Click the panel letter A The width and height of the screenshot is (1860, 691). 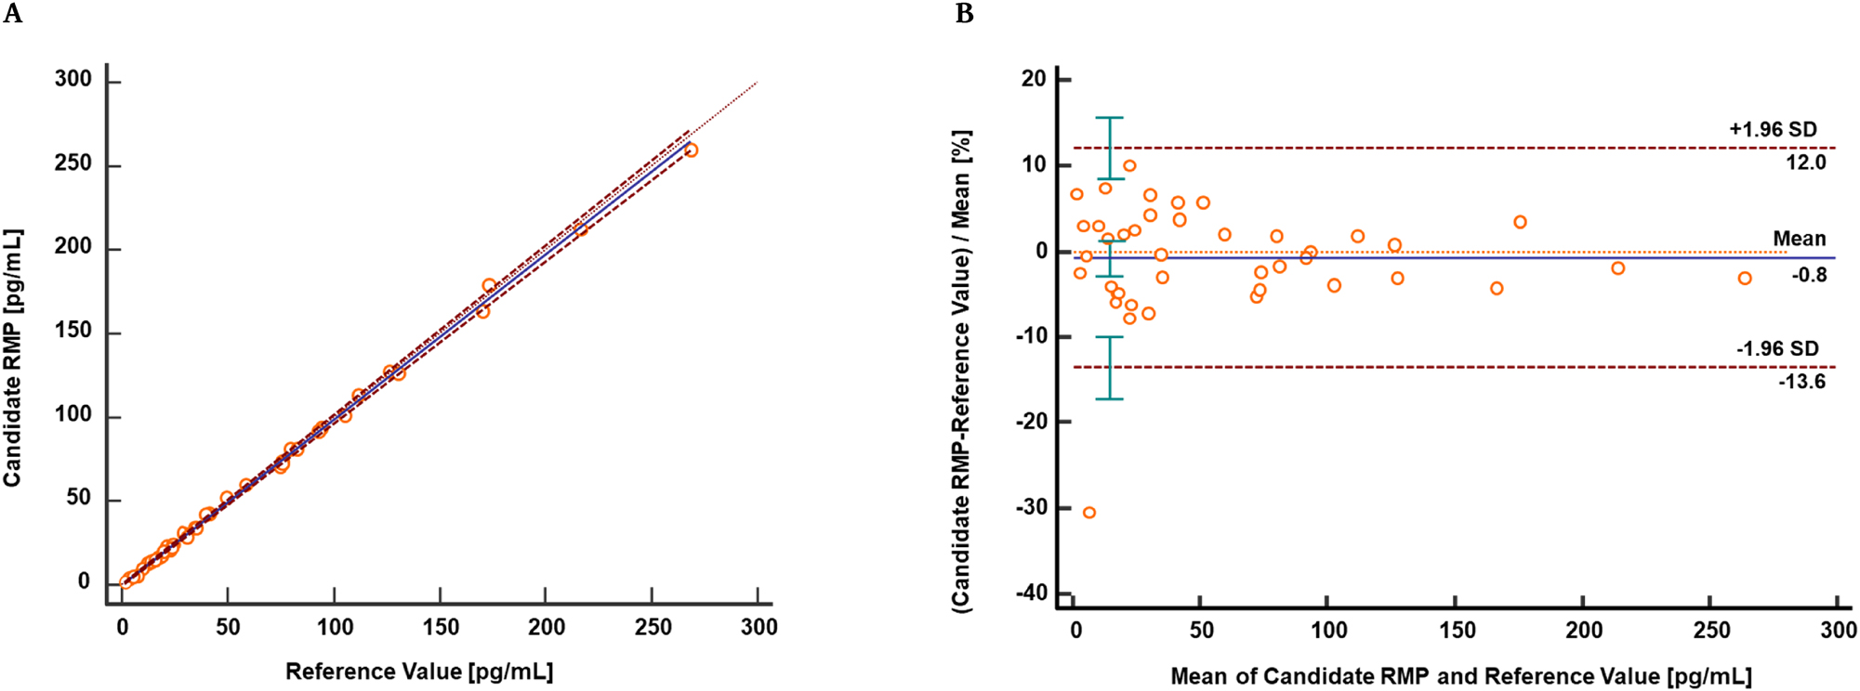pos(12,14)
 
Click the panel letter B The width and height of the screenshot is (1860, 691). pos(964,14)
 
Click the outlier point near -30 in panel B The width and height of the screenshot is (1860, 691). pos(1089,513)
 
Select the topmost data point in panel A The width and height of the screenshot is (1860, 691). pos(691,150)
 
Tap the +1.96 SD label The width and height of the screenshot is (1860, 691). pos(1773,129)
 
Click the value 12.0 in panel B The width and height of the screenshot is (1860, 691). pos(1805,163)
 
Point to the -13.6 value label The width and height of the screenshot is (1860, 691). pos(1801,382)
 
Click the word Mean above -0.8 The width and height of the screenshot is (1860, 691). pos(1799,239)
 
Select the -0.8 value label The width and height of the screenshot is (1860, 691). pos(1809,275)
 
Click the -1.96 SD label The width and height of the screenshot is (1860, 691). pos(1777,348)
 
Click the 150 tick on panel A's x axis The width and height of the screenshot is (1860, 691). pos(441,627)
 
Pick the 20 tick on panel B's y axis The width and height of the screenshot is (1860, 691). pos(1034,79)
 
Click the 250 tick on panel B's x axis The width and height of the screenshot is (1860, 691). pos(1711,630)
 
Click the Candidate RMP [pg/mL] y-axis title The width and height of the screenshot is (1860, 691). pos(12,358)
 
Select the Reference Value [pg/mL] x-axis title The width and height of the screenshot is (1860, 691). pos(419,671)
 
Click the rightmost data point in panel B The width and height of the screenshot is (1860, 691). pos(1745,279)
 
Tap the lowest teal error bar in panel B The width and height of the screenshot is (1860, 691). pos(1110,368)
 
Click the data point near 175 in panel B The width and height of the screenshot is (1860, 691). pos(1520,222)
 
